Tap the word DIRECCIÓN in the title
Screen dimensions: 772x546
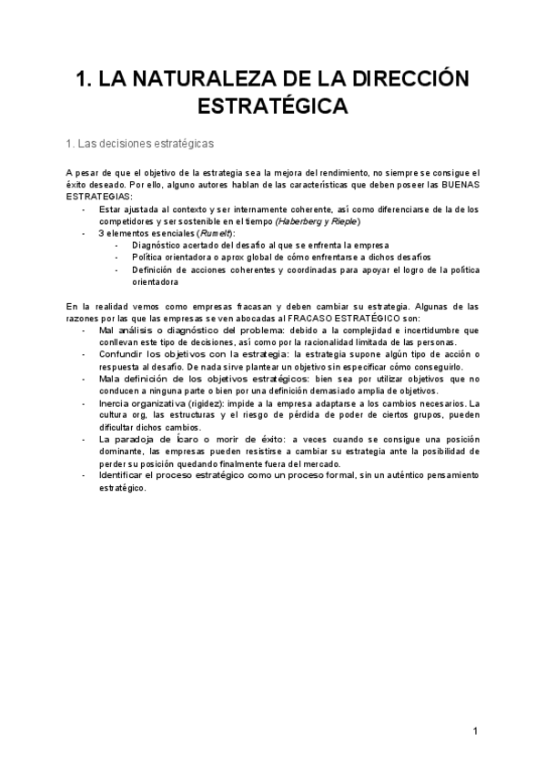click(x=402, y=79)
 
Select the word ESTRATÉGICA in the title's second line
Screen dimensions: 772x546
click(x=273, y=106)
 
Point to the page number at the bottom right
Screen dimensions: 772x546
click(x=474, y=731)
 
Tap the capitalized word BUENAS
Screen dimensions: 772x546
click(x=457, y=184)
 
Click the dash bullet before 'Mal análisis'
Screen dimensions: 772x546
click(x=84, y=330)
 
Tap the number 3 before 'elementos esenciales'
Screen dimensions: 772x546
click(x=101, y=234)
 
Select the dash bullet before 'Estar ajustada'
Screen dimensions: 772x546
click(x=84, y=209)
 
